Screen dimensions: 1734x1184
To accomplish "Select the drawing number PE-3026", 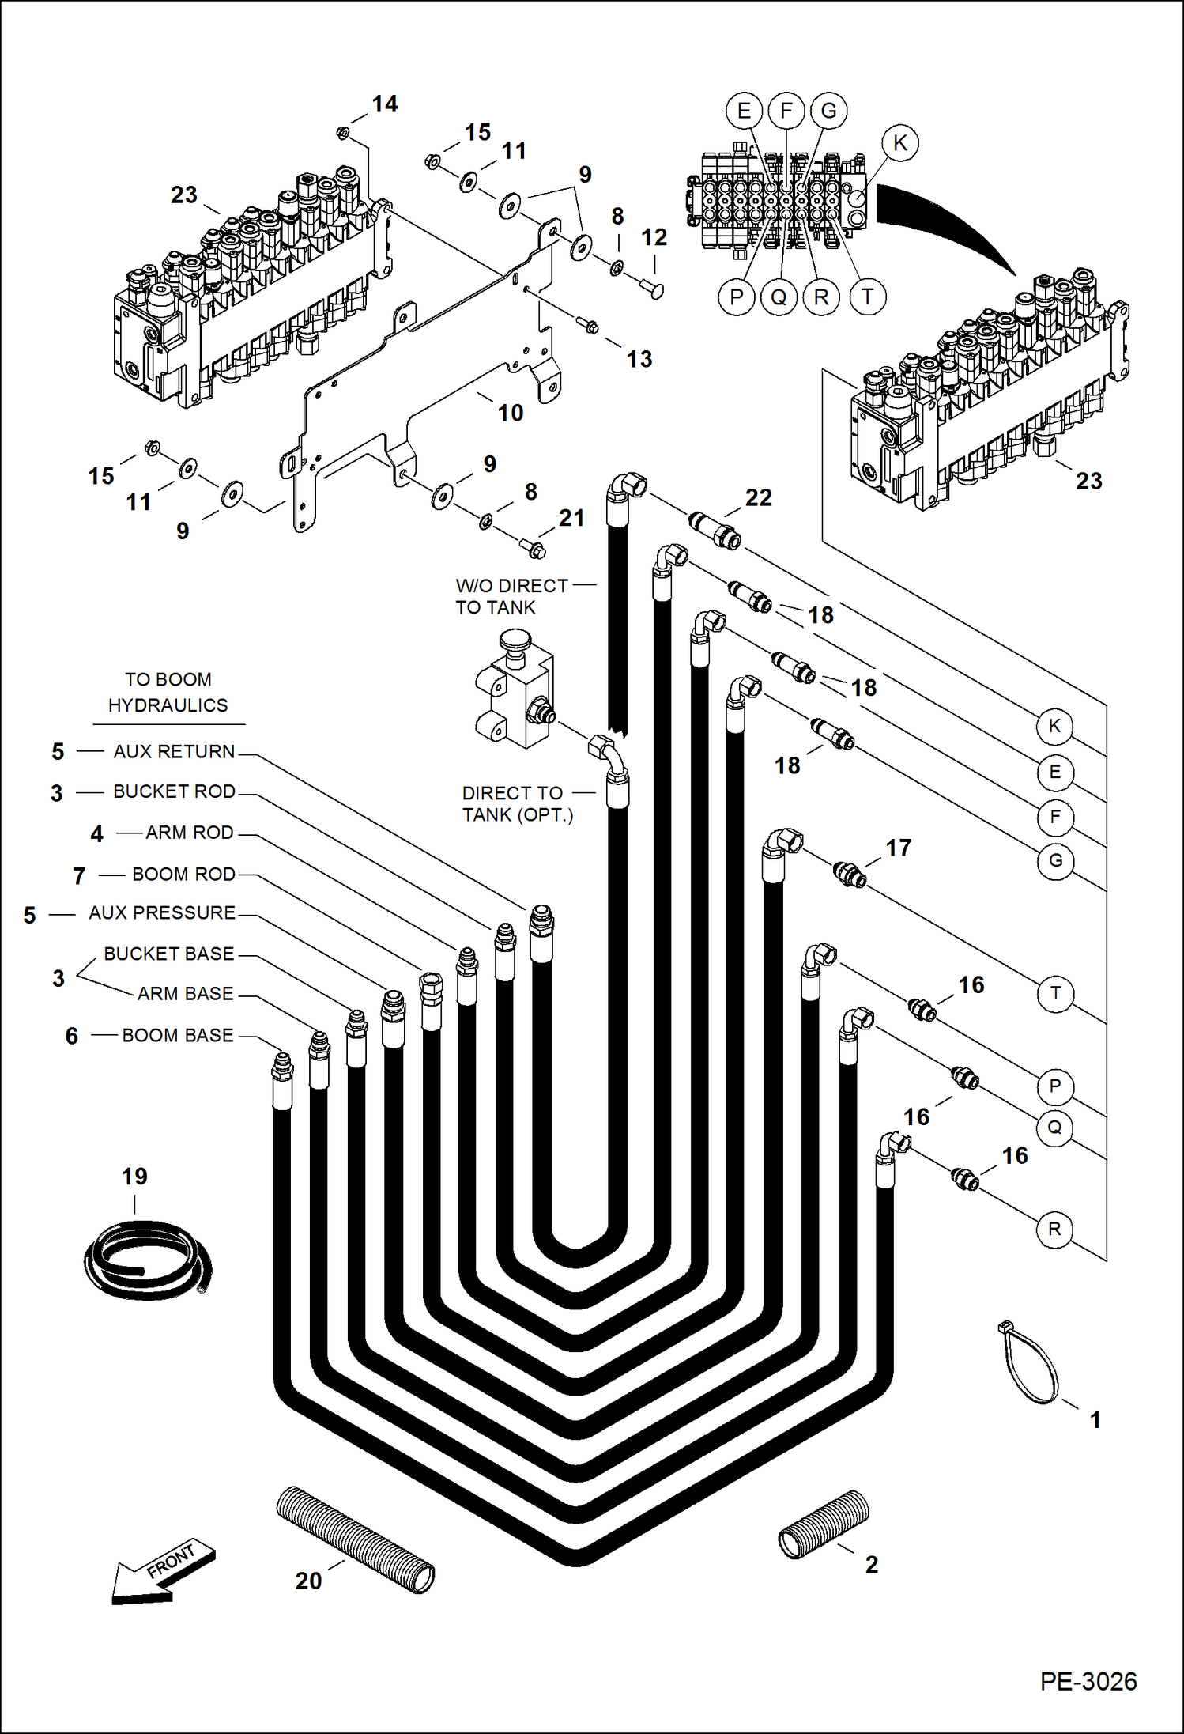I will coord(1088,1681).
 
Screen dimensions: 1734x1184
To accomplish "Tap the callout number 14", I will coord(384,104).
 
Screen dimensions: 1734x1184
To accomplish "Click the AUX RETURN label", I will coord(174,751).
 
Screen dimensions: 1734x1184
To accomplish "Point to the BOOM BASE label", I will coord(177,1035).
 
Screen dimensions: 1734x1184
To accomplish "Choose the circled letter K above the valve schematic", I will coord(899,143).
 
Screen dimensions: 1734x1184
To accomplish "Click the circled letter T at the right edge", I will coord(1055,993).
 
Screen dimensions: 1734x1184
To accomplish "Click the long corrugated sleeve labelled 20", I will coord(355,1539).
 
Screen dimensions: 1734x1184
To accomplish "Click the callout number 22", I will coord(758,497).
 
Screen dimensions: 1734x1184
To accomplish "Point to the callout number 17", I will coord(898,848).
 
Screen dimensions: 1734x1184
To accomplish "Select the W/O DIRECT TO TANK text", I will coord(511,596).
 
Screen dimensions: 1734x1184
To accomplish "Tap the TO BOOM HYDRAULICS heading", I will coord(168,692).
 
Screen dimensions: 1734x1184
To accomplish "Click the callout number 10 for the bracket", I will coord(510,413).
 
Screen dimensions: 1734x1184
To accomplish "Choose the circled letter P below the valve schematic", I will coord(737,297).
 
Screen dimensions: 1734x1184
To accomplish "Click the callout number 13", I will coord(639,359).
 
